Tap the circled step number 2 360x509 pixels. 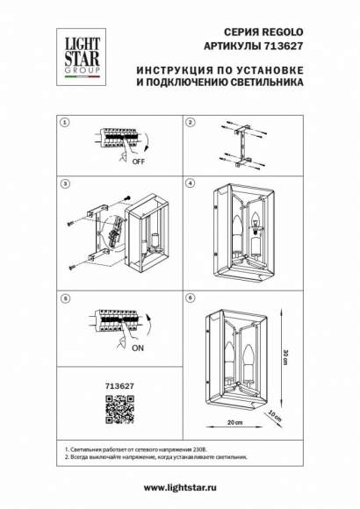pos(191,123)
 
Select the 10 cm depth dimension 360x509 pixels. pos(274,413)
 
